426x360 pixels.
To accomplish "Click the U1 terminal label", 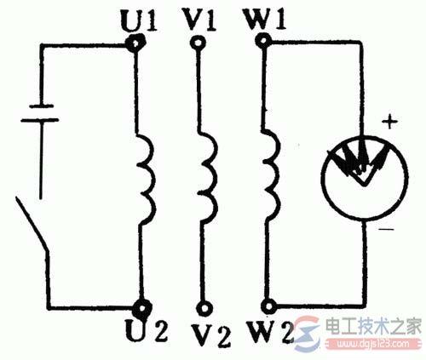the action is tap(139, 20).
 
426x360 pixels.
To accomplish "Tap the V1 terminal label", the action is tap(200, 20).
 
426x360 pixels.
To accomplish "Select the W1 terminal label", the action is tap(265, 20).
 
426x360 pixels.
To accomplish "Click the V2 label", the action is tap(210, 335).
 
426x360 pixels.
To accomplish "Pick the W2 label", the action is tap(270, 332).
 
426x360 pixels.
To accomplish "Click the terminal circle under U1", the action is tap(135, 43).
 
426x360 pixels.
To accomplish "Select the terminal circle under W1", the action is tap(262, 41).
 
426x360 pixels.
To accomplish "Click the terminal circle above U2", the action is tap(142, 308).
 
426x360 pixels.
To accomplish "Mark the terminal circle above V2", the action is tap(204, 309).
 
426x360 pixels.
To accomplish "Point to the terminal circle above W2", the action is tap(268, 306).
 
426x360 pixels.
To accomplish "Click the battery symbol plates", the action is tap(40, 113).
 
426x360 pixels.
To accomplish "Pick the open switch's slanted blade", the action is tap(32, 224).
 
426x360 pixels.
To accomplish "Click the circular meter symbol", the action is tap(366, 178).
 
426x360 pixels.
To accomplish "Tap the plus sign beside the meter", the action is tap(389, 123).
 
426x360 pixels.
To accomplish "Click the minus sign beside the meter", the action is tap(386, 229).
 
